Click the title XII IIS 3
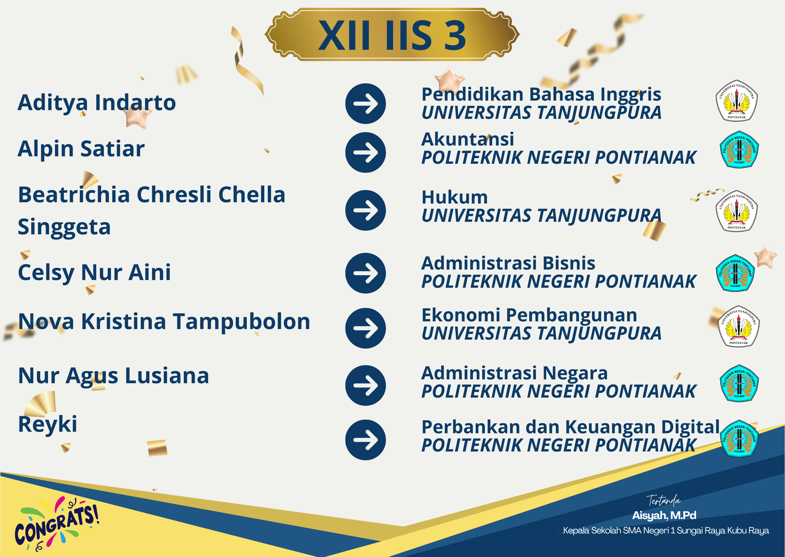(x=392, y=35)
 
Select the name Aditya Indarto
(x=97, y=103)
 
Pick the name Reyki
(x=48, y=425)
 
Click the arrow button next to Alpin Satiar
(x=365, y=152)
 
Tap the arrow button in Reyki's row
(x=365, y=440)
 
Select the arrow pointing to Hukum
(x=365, y=210)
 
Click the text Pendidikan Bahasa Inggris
(x=541, y=95)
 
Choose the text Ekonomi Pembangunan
(x=529, y=315)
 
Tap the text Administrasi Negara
(x=515, y=373)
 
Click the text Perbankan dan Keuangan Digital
(x=570, y=427)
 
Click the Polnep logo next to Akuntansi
(x=739, y=149)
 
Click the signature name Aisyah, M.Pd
(x=664, y=515)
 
